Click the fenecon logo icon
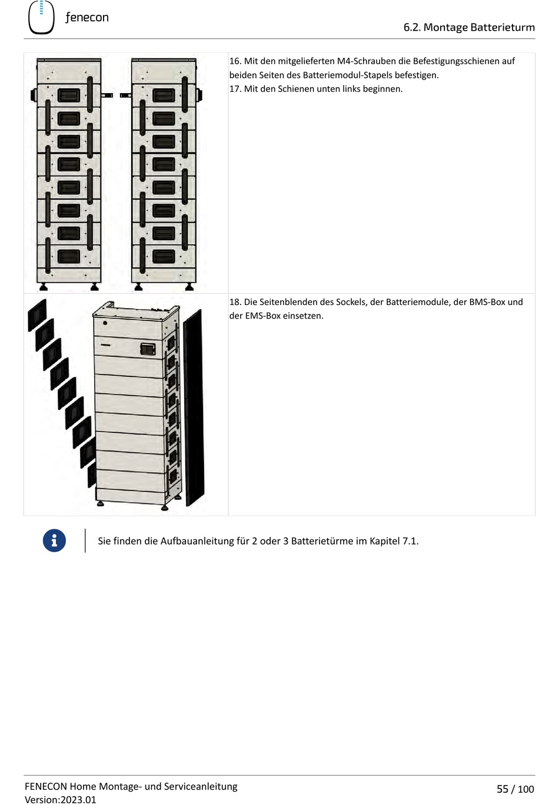(41, 17)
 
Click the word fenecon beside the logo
(86, 18)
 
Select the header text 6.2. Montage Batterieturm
(468, 27)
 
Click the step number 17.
(235, 89)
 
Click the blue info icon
(54, 541)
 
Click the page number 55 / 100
(515, 789)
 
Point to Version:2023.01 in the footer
(60, 800)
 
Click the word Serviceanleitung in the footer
(201, 787)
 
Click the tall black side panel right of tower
(194, 406)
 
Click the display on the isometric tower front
(147, 349)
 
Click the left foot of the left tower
(43, 287)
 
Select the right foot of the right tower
(189, 287)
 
